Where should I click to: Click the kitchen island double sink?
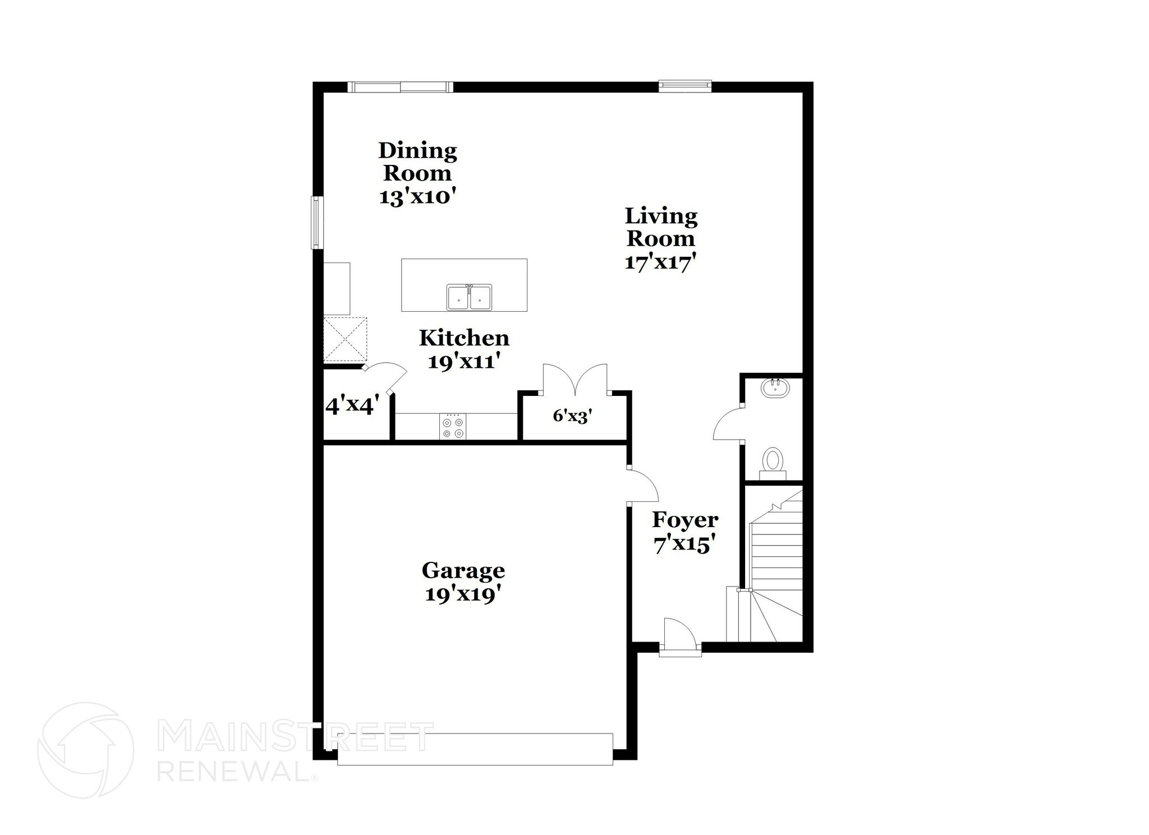(469, 297)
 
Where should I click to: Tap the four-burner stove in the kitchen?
(453, 428)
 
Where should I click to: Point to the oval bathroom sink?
(776, 387)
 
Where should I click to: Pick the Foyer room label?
(684, 520)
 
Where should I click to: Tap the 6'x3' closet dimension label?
(572, 416)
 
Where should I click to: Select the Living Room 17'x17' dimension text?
(660, 262)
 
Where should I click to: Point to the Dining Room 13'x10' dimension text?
(417, 197)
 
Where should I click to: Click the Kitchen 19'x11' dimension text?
(464, 362)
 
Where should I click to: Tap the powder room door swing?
(728, 424)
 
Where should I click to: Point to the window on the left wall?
(318, 222)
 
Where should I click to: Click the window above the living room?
(684, 86)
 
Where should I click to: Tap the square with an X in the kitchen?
(345, 339)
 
